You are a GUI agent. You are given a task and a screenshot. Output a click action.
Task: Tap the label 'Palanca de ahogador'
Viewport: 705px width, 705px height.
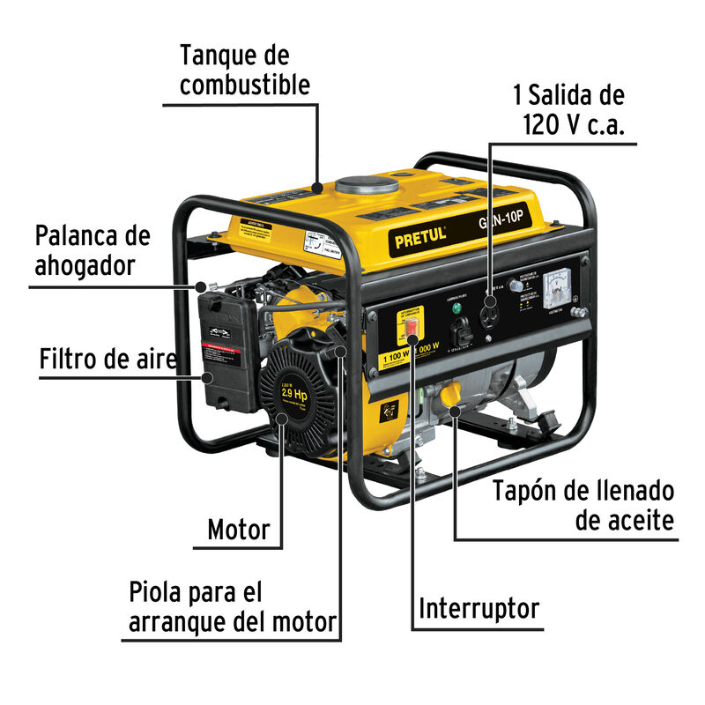92,251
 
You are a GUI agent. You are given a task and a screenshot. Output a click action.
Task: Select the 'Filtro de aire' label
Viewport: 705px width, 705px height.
108,360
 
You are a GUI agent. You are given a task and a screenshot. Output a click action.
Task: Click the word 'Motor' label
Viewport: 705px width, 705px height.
238,530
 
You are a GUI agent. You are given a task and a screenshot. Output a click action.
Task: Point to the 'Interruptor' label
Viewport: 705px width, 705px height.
479,608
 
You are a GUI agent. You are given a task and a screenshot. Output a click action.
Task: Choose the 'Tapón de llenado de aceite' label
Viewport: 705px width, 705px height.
583,505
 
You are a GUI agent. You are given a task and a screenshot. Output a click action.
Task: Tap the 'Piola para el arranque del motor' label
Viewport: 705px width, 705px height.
232,607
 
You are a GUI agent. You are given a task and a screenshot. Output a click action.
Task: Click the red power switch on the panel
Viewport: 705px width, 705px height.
412,328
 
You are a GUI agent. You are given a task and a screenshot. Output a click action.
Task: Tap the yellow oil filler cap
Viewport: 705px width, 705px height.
451,394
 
